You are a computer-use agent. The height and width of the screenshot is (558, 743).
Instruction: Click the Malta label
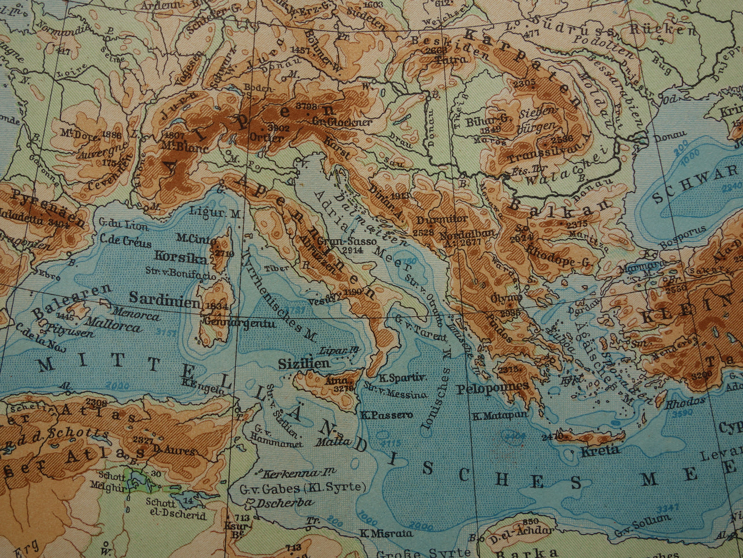coord(333,442)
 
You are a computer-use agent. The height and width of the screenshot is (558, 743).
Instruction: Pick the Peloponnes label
coord(493,388)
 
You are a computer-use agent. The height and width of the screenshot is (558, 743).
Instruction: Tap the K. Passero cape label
coord(386,415)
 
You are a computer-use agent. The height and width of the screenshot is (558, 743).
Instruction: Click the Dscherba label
coord(278,503)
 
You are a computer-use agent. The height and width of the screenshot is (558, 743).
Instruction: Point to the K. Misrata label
coord(386,533)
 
